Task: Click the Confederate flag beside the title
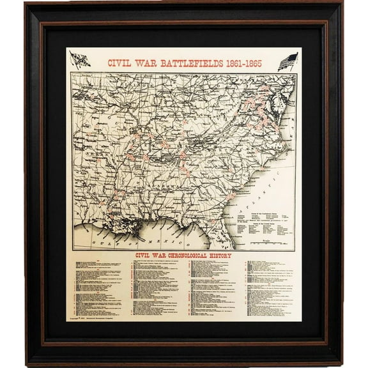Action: pos(80,60)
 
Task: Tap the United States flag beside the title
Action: pos(287,62)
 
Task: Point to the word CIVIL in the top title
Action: pos(121,63)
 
